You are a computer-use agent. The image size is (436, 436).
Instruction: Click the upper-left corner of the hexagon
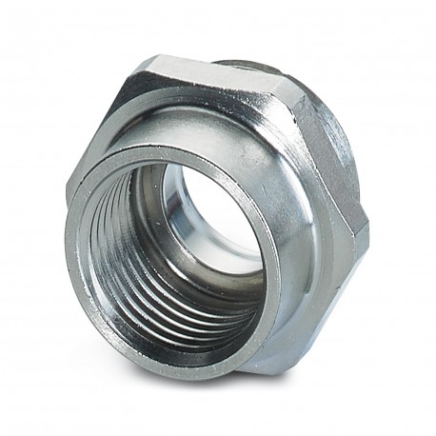(143, 65)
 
